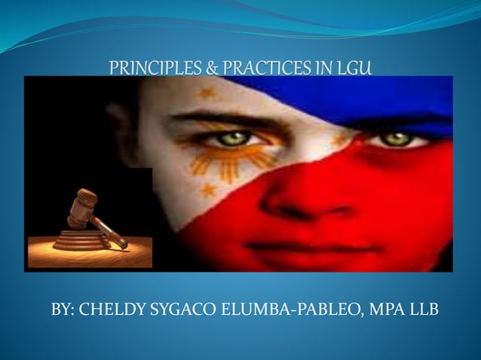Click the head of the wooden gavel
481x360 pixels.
tap(82, 206)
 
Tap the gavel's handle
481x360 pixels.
tap(109, 233)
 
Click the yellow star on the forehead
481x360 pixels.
tap(206, 93)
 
